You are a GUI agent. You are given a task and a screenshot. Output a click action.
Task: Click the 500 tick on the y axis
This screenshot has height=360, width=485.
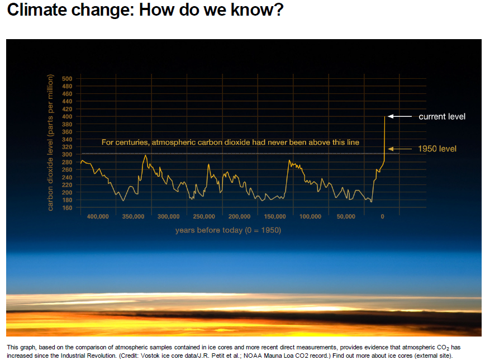click(x=67, y=78)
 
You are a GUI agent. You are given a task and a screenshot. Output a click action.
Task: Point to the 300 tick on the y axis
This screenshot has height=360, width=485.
click(x=67, y=154)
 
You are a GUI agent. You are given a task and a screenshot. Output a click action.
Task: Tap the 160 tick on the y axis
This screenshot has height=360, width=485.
click(x=67, y=208)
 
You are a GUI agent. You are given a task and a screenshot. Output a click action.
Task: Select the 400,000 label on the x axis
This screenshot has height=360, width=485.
click(x=98, y=216)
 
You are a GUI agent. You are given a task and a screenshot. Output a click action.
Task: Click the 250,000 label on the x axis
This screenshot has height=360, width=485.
click(x=204, y=216)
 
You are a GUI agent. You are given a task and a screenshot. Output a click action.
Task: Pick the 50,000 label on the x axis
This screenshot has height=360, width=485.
click(x=346, y=216)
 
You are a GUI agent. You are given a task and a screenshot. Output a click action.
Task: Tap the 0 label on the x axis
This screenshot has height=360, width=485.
click(x=383, y=216)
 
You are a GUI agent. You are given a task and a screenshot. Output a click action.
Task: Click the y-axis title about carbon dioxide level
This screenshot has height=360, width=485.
click(x=50, y=142)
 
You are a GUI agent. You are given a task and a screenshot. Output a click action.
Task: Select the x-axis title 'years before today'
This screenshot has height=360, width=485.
click(x=228, y=230)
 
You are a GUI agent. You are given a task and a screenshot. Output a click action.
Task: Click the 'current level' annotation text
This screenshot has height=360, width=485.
click(x=442, y=116)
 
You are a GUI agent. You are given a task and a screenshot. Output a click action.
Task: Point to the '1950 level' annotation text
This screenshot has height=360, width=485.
click(x=438, y=149)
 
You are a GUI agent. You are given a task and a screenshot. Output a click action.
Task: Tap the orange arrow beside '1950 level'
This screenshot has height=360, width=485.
click(x=400, y=149)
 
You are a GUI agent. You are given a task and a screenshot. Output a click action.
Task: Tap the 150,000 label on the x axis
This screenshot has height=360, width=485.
click(x=275, y=216)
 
